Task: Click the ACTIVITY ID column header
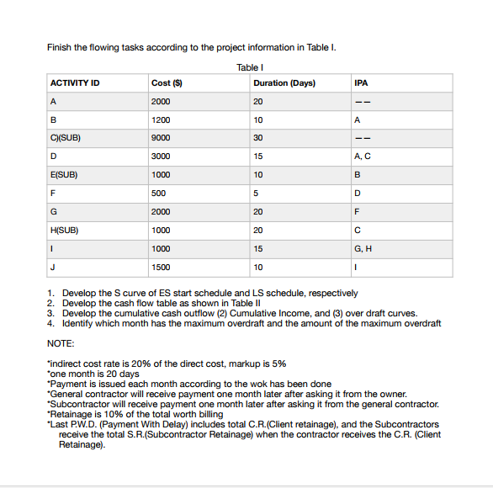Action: click(x=75, y=83)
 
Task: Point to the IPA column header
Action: click(x=362, y=83)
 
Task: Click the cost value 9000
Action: click(x=160, y=138)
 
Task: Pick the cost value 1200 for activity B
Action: click(x=160, y=119)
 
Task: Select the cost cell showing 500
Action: click(x=158, y=194)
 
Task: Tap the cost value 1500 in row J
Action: click(x=160, y=268)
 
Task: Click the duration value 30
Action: click(x=257, y=138)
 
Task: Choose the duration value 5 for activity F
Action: click(x=256, y=194)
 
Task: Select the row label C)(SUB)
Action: click(x=66, y=138)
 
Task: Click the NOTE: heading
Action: click(x=61, y=345)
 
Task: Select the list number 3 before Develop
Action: click(x=51, y=313)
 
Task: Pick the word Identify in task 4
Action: click(x=81, y=323)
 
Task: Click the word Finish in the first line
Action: click(x=59, y=46)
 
